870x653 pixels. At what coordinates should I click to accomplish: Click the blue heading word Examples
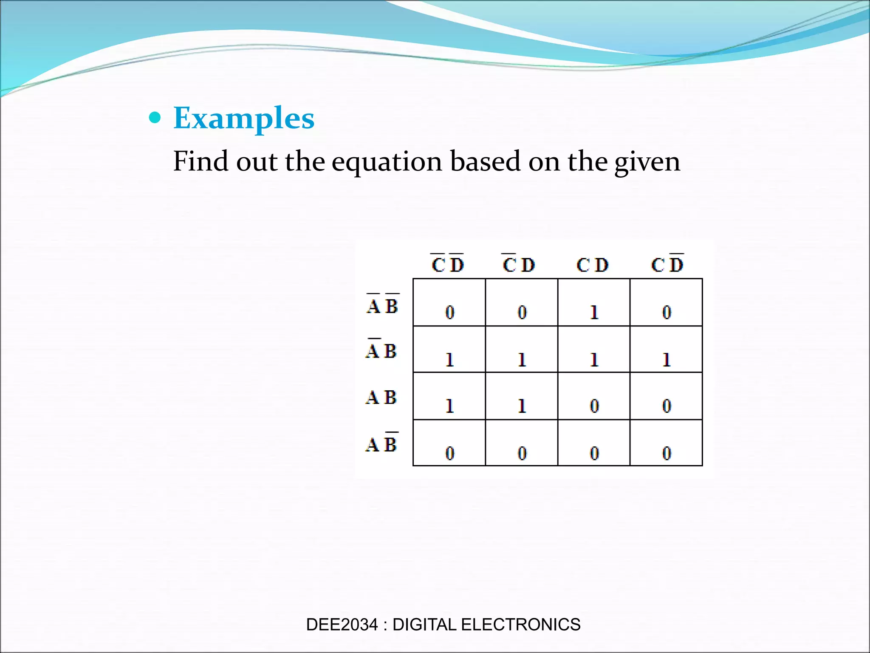tap(244, 118)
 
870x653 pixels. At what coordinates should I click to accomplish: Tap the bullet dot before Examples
tap(155, 117)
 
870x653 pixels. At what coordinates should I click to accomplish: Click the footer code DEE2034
tap(342, 625)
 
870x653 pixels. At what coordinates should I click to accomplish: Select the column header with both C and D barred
tap(448, 264)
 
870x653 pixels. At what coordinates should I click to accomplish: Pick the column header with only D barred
tap(667, 264)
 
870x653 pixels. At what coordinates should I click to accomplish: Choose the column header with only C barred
tap(519, 264)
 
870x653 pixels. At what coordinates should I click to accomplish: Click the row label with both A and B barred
tap(382, 305)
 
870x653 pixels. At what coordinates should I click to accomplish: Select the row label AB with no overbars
tap(381, 397)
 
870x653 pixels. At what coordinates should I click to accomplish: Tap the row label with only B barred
tap(381, 443)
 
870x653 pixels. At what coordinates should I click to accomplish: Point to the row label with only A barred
tap(381, 350)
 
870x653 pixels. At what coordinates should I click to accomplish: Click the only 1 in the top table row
tap(594, 312)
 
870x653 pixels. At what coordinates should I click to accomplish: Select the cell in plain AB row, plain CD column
tap(594, 406)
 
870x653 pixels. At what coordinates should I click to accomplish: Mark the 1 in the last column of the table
tap(666, 360)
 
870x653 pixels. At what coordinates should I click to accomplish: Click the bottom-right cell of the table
tap(666, 452)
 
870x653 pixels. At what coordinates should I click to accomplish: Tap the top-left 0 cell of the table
tap(449, 312)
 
